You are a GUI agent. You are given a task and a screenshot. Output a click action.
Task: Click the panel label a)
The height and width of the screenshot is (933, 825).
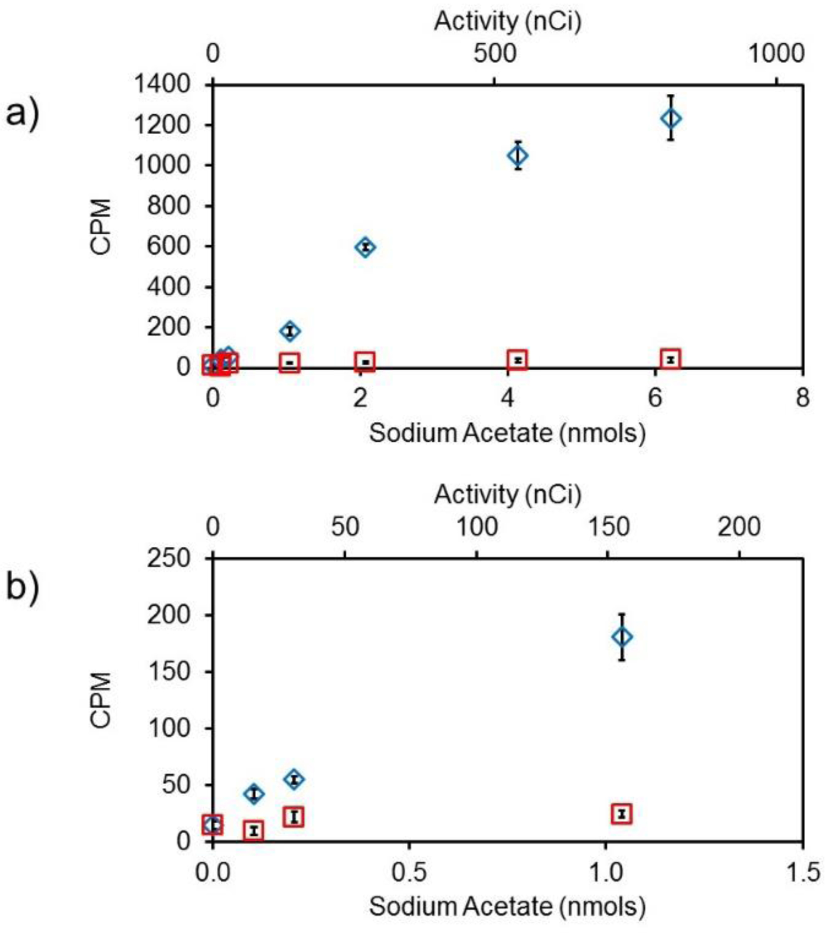22,116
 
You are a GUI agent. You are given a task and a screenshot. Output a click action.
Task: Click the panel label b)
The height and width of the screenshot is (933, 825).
22,589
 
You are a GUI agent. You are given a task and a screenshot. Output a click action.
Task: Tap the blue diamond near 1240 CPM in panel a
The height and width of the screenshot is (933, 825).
671,118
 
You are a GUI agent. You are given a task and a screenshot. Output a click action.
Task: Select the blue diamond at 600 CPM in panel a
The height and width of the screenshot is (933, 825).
365,247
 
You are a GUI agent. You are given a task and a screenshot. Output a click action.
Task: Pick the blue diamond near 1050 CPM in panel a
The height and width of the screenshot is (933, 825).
518,156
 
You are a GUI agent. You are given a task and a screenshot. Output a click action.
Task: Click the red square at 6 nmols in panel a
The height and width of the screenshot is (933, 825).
670,360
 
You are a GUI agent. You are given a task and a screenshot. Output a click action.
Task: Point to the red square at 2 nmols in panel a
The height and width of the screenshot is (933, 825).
365,362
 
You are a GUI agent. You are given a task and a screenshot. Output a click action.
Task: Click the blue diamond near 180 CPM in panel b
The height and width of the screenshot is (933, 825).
622,637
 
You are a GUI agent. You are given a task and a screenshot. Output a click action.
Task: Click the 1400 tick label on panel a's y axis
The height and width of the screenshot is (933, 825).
162,85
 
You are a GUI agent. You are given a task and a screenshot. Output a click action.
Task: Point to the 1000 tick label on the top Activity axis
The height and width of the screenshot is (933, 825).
775,53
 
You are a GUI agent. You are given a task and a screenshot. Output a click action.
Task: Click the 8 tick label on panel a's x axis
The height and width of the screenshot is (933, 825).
802,398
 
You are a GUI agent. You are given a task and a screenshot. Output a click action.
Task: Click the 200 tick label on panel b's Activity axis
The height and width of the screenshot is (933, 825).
739,527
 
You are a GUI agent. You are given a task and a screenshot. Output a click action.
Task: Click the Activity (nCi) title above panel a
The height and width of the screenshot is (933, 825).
508,21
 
